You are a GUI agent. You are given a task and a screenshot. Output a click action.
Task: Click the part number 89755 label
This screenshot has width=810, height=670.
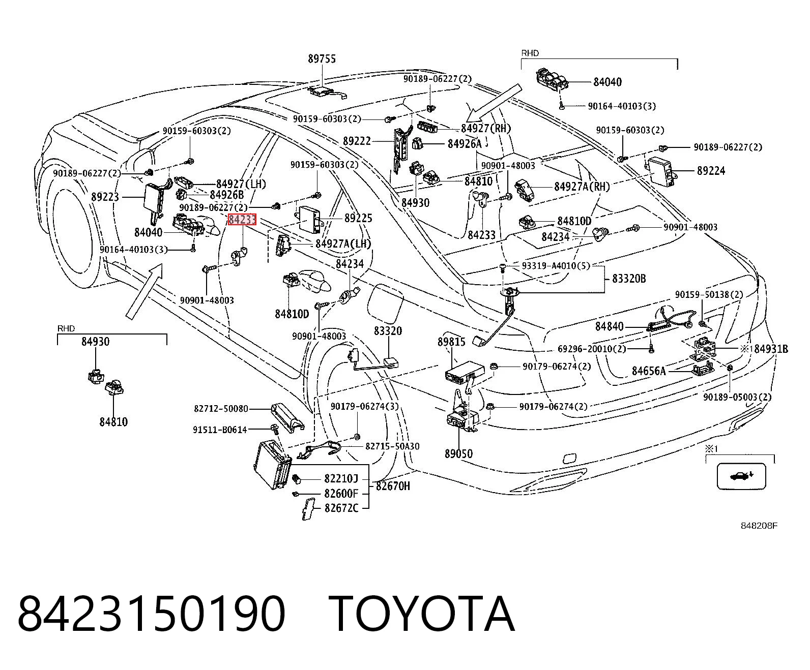pyautogui.click(x=322, y=59)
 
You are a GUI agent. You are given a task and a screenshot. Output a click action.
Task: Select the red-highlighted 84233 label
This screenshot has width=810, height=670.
pyautogui.click(x=242, y=220)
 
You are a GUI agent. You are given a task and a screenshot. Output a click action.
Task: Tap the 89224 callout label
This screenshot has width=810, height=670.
pyautogui.click(x=711, y=171)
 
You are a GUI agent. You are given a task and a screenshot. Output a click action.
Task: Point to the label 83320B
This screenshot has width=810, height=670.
pyautogui.click(x=629, y=279)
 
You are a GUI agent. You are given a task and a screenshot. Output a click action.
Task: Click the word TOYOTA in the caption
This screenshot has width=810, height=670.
pyautogui.click(x=421, y=615)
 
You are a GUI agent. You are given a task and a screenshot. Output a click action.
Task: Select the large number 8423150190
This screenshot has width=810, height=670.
pyautogui.click(x=151, y=615)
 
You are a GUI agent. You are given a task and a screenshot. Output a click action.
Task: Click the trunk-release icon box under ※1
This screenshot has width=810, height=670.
pyautogui.click(x=741, y=476)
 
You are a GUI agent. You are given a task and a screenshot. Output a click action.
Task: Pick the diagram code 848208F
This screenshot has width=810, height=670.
pyautogui.click(x=759, y=526)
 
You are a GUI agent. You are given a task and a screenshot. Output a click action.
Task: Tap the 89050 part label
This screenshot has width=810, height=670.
pyautogui.click(x=458, y=453)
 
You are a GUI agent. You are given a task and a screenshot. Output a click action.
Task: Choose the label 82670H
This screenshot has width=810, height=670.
pyautogui.click(x=393, y=486)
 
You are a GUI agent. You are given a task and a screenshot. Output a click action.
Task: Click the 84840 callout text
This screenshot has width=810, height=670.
pyautogui.click(x=610, y=326)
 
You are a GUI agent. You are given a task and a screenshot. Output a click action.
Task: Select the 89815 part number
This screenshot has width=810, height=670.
pyautogui.click(x=451, y=342)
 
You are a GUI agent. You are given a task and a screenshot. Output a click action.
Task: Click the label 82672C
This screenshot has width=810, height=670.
pyautogui.click(x=341, y=508)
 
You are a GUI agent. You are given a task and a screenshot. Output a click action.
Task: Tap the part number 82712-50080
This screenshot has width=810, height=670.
pyautogui.click(x=221, y=409)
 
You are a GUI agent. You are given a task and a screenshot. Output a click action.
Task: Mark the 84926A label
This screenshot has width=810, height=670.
pyautogui.click(x=465, y=144)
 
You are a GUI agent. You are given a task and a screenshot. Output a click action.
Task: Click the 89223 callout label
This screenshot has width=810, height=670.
pyautogui.click(x=105, y=197)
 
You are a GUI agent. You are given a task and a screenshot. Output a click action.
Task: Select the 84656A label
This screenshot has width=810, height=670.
pyautogui.click(x=649, y=371)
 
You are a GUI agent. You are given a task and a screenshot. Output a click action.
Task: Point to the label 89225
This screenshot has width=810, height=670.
pyautogui.click(x=358, y=218)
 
